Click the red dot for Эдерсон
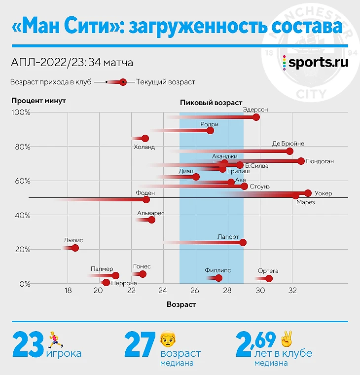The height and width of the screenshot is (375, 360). (255, 117)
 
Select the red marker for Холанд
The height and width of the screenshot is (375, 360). (145, 139)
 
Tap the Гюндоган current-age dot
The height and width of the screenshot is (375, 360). (301, 161)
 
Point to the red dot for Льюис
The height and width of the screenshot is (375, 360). (75, 248)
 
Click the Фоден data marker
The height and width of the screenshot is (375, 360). (146, 200)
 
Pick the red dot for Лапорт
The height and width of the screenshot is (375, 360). (243, 242)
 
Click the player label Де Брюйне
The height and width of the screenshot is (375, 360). (288, 144)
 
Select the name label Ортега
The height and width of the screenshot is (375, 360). (268, 271)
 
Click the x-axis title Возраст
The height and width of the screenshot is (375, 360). (181, 304)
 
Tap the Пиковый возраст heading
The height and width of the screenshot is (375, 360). (211, 103)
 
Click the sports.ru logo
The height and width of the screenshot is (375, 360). (315, 63)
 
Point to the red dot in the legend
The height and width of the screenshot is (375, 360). (123, 82)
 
